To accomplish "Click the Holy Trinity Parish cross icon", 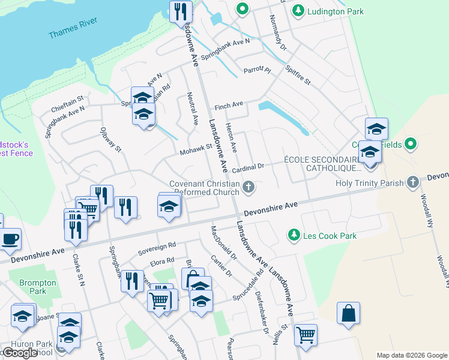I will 412,182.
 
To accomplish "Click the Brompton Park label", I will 32,286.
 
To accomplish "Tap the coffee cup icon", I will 10,239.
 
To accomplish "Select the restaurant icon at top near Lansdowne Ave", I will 181,11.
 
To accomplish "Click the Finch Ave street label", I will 228,104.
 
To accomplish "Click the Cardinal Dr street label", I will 249,168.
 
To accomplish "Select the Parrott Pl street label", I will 258,70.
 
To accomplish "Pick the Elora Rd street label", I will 161,261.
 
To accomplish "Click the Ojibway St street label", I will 112,139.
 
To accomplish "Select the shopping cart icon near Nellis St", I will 306,334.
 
